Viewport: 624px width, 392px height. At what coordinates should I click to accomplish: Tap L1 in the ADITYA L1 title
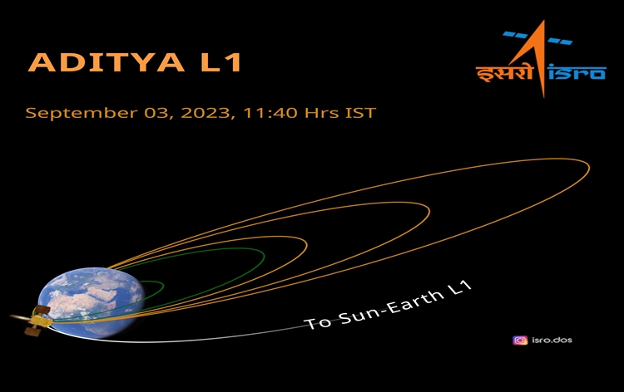(x=220, y=63)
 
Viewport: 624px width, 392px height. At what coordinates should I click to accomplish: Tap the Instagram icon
(x=520, y=340)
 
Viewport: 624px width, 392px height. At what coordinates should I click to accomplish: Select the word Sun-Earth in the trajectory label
(x=388, y=310)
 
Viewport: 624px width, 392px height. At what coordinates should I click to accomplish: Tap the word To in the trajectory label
(x=316, y=322)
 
